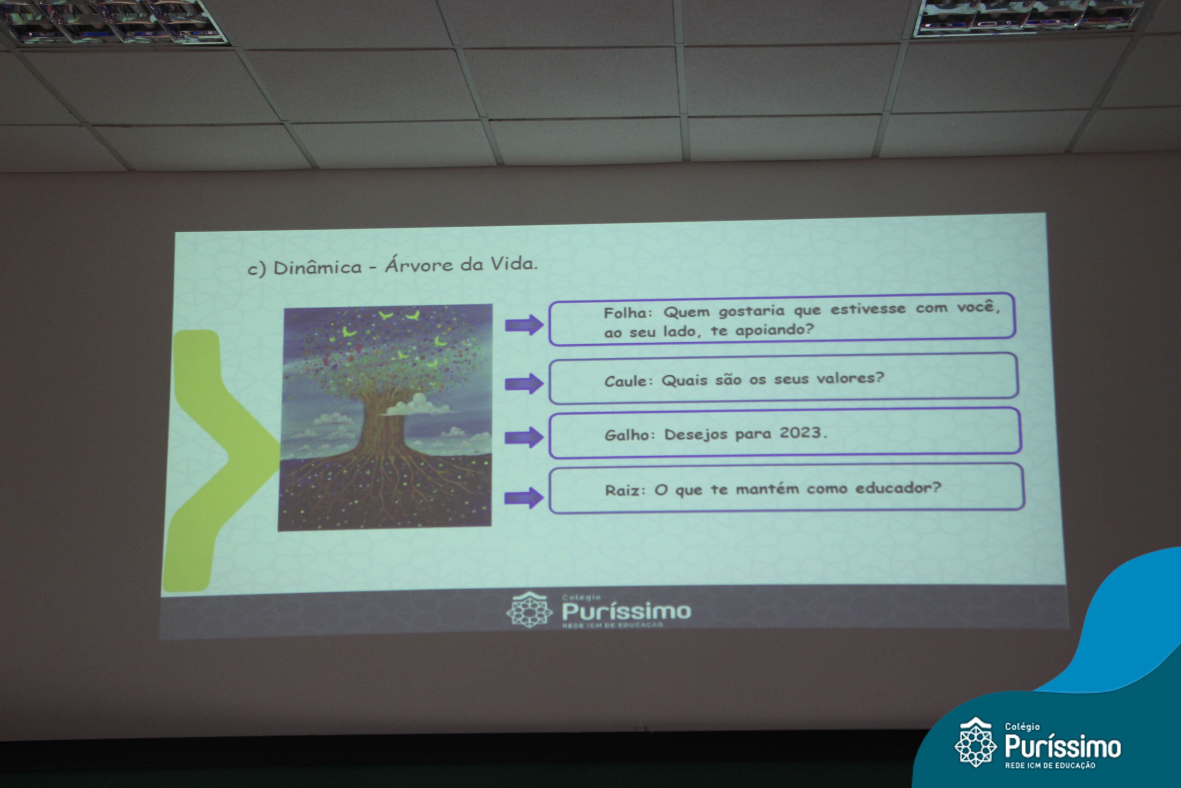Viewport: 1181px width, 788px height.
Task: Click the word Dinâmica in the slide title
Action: click(x=317, y=267)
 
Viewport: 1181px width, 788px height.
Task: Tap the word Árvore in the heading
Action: click(x=419, y=265)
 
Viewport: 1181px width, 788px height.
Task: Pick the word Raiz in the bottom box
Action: click(x=618, y=490)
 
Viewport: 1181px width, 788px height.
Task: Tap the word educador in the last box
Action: click(x=898, y=487)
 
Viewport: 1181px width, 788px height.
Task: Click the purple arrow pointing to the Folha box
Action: click(x=524, y=325)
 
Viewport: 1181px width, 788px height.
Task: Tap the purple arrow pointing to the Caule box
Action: click(x=524, y=384)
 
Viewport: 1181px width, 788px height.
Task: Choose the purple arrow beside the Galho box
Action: click(x=524, y=437)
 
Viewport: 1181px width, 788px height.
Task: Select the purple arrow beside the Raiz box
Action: click(x=524, y=498)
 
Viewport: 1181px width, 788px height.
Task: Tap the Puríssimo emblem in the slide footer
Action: click(x=529, y=610)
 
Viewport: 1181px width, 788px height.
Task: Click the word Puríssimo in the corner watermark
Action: click(x=1062, y=746)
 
